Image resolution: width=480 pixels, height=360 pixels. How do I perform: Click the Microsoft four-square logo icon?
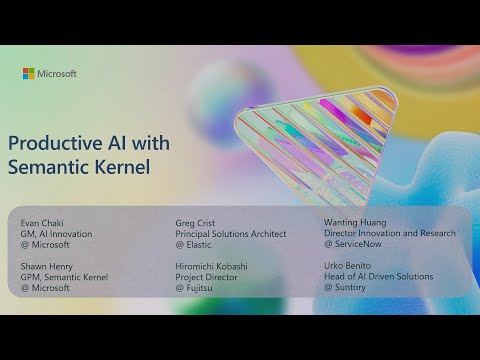(28, 73)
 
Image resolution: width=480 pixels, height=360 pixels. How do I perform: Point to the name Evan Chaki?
(40, 223)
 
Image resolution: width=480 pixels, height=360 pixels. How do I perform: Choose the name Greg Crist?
(195, 223)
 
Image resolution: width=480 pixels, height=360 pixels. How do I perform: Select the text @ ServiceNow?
(354, 243)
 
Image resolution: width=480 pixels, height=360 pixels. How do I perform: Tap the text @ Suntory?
(347, 287)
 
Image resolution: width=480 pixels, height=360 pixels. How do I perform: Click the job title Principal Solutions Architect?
(230, 234)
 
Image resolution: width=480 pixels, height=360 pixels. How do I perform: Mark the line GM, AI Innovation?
(56, 234)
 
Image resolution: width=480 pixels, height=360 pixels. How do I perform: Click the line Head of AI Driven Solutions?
(378, 275)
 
